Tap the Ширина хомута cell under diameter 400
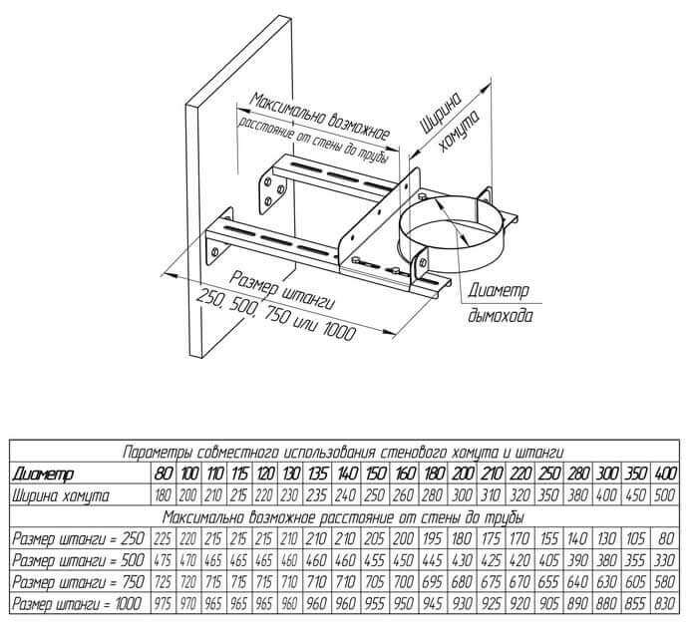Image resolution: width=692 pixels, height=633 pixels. (x=666, y=494)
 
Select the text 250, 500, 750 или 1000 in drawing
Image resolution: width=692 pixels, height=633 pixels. (x=277, y=316)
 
